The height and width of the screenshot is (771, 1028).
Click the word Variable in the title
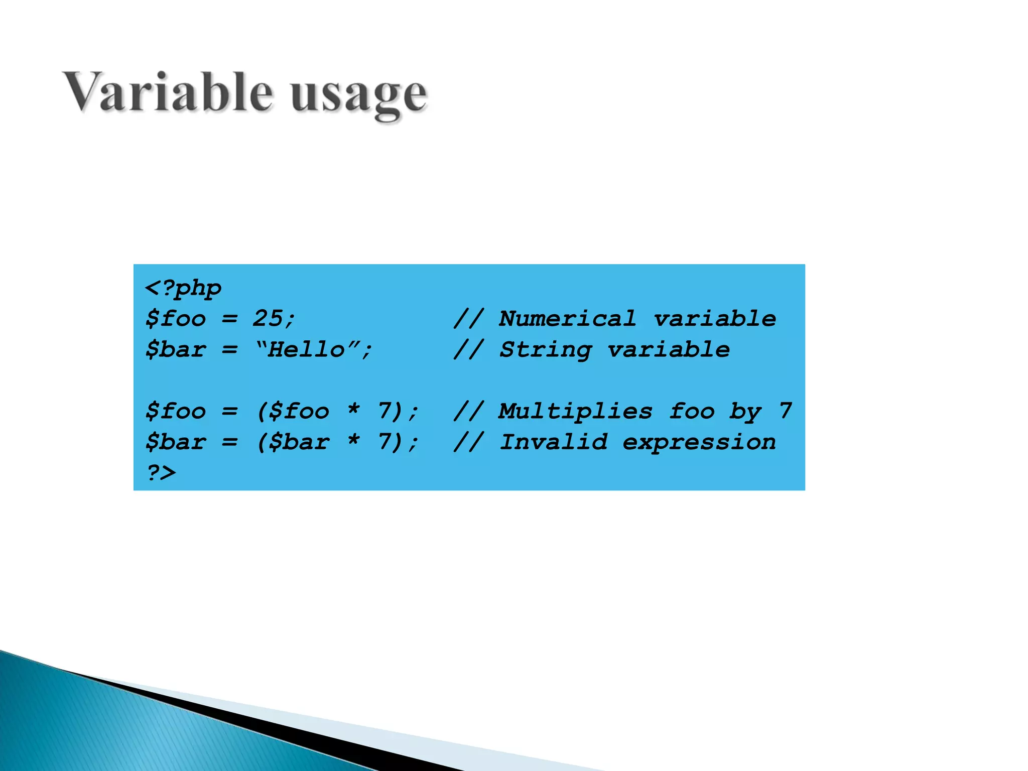click(x=168, y=93)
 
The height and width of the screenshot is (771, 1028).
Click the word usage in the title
click(x=358, y=95)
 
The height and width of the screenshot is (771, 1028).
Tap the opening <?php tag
click(x=183, y=289)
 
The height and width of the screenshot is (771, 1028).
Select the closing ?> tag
click(x=161, y=473)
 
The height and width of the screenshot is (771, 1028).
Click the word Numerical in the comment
click(x=567, y=319)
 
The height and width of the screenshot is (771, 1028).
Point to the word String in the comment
click(x=546, y=350)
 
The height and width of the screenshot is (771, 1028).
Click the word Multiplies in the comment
click(x=575, y=412)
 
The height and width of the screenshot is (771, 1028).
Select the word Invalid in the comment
click(x=554, y=442)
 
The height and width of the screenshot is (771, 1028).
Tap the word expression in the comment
click(x=699, y=442)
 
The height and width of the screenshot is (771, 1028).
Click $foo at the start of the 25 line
click(x=176, y=319)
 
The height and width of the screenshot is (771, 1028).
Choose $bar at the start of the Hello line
click(x=176, y=349)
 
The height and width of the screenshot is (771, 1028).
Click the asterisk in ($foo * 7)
click(x=354, y=410)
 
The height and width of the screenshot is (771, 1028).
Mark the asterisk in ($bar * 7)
click(x=354, y=440)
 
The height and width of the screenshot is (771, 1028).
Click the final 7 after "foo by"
click(x=786, y=411)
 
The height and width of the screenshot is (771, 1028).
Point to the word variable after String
click(x=669, y=349)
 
